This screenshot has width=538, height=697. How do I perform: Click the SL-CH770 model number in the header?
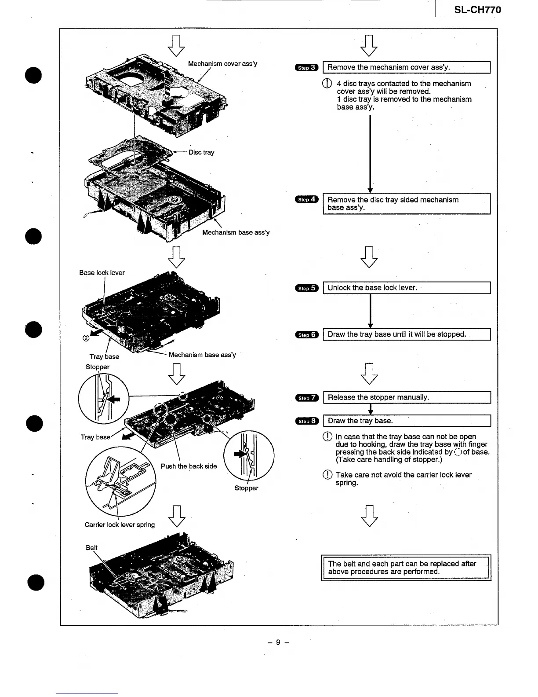tap(477, 10)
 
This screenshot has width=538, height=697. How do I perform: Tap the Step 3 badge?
tap(306, 67)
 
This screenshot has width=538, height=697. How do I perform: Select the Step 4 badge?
tap(306, 199)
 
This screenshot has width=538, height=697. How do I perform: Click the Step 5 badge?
tap(306, 288)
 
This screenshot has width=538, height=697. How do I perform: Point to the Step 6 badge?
tap(306, 334)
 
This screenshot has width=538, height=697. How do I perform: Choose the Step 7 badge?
tap(306, 398)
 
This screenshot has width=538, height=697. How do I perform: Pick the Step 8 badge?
tap(306, 421)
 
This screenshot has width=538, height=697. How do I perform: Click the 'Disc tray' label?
tap(201, 152)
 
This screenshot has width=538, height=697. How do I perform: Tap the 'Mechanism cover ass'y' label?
tap(222, 63)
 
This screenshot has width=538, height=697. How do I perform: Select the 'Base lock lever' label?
tap(102, 273)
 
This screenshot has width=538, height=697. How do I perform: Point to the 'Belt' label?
tap(91, 547)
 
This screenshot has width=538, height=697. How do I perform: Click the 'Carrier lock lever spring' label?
tap(120, 525)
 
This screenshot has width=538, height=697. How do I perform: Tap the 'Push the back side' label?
tap(189, 466)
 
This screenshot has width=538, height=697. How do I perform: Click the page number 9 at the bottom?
tap(278, 642)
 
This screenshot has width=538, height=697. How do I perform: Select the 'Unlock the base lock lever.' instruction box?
tap(406, 288)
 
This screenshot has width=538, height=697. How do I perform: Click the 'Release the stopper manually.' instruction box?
tap(406, 397)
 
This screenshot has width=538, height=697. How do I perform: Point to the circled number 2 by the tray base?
tap(86, 338)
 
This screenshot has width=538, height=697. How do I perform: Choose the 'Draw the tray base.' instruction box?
tap(406, 421)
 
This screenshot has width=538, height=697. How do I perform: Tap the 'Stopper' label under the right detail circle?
tap(246, 488)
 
